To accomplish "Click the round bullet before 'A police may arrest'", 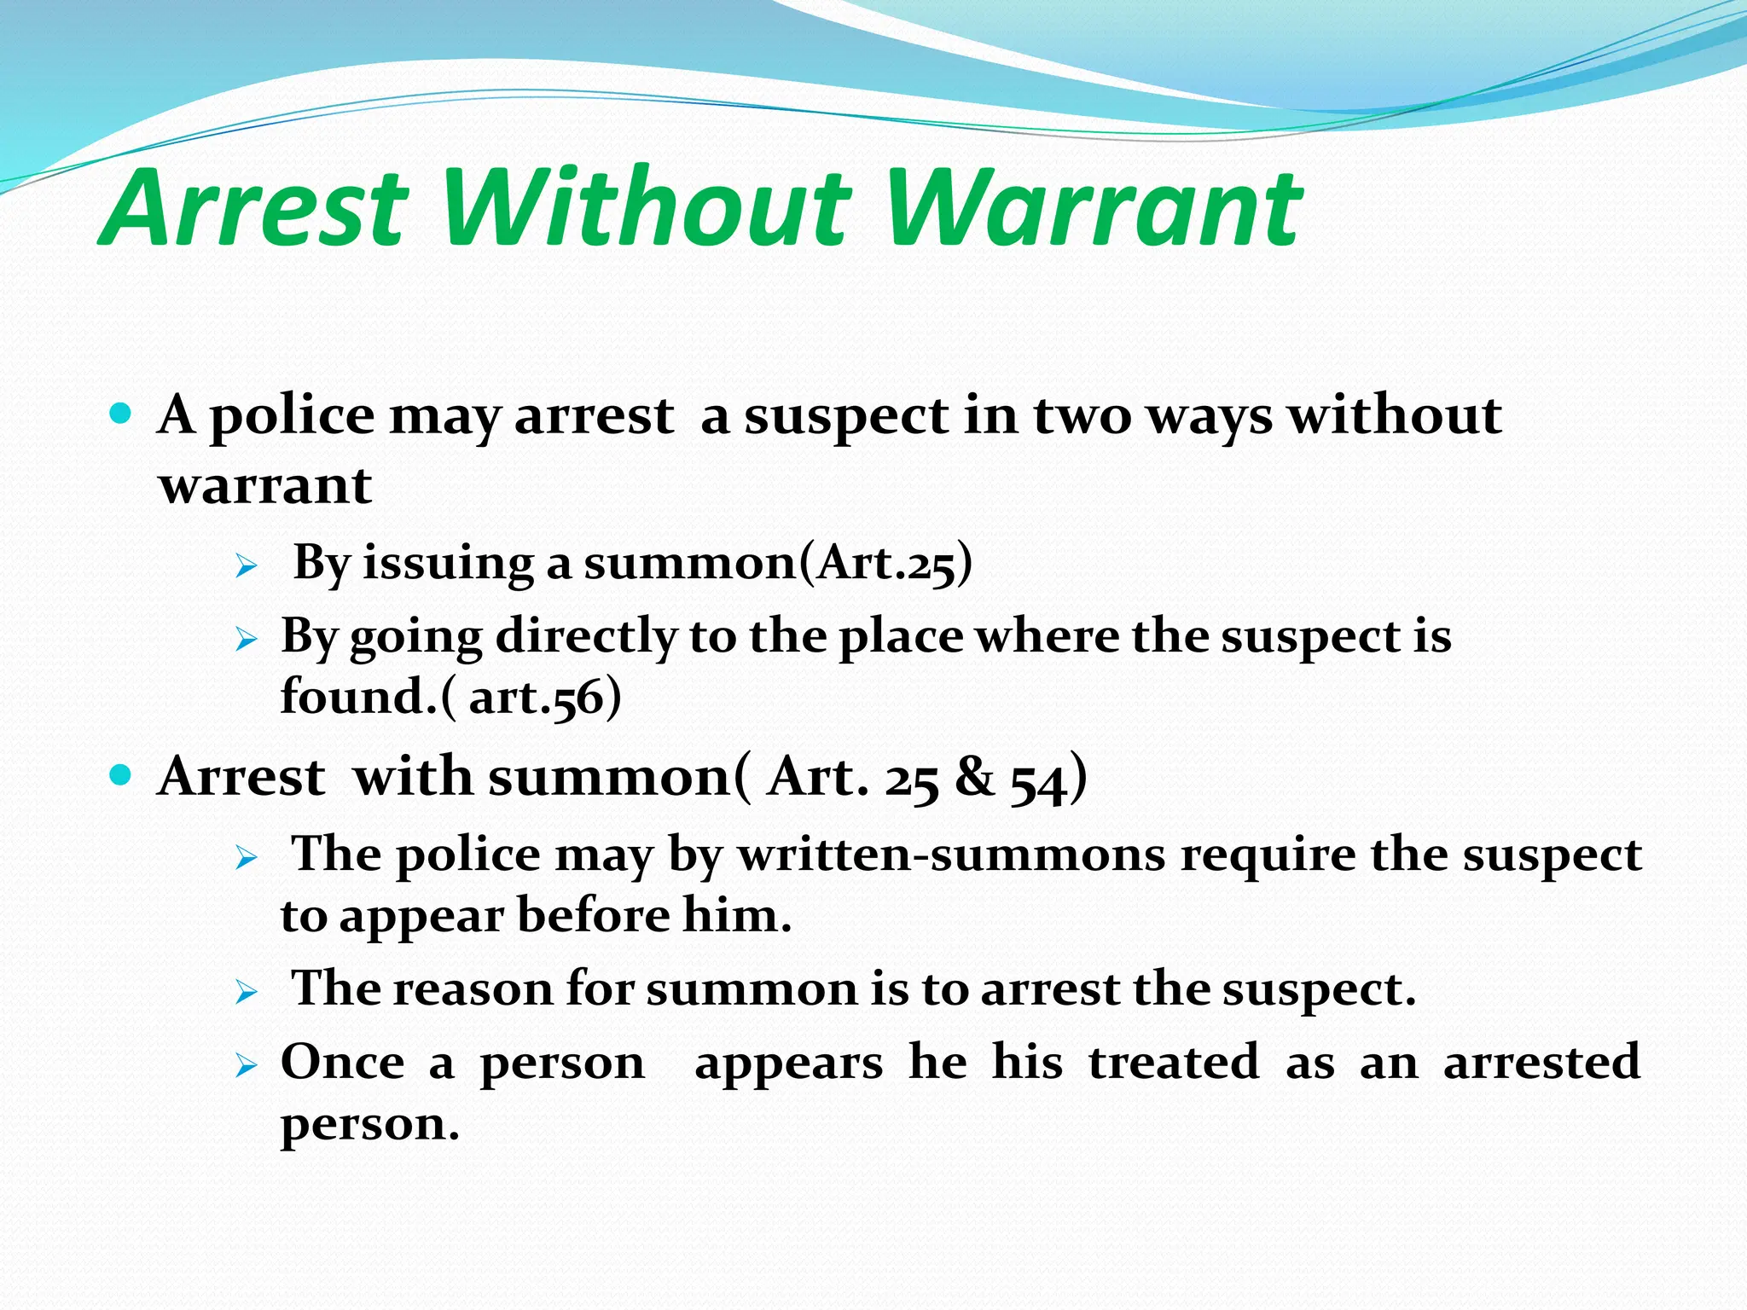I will point(121,415).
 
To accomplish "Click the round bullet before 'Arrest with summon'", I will point(121,775).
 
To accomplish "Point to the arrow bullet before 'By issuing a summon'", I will point(247,565).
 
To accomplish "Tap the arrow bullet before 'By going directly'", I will point(247,639).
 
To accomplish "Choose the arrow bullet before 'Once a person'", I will point(247,1064).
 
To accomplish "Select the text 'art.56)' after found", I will point(544,697).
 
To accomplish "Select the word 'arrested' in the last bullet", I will point(1541,1062).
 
